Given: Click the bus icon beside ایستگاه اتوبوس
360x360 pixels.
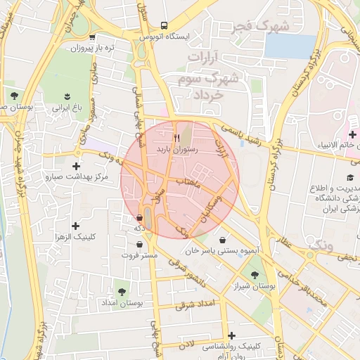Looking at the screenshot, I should point(164,25).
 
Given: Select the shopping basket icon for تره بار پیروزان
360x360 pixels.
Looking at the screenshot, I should point(94,37).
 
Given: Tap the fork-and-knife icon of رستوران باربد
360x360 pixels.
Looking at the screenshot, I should point(177,138).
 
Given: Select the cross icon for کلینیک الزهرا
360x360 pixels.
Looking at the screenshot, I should point(75,226).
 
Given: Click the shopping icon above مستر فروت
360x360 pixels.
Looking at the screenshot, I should point(142,244).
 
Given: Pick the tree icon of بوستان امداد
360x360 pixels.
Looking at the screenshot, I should point(122,290).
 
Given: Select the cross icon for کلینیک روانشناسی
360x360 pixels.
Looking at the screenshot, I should point(231,335).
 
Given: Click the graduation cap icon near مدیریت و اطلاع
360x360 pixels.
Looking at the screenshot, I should point(350,178).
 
